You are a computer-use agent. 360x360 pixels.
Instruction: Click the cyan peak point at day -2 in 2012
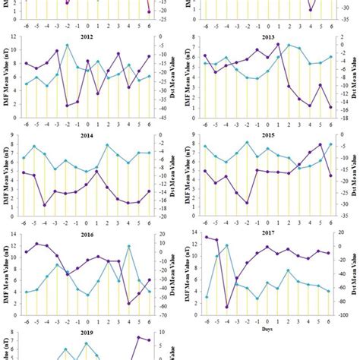coord(67,45)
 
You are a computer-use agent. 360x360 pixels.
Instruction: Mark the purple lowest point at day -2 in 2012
coord(67,106)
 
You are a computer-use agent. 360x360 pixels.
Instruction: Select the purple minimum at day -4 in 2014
coord(46,205)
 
